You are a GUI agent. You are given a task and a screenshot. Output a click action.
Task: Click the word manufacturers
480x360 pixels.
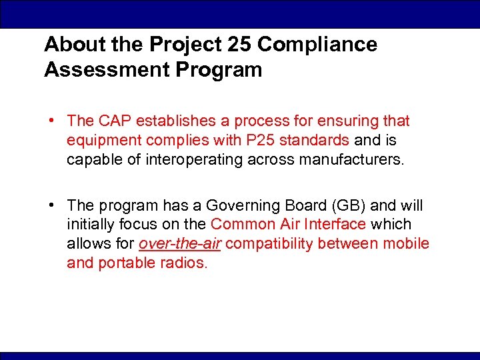[x=350, y=159]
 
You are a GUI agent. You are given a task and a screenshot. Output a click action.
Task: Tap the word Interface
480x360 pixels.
[x=333, y=225]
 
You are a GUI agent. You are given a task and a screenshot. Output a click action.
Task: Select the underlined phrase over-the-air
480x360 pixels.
[x=179, y=244]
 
